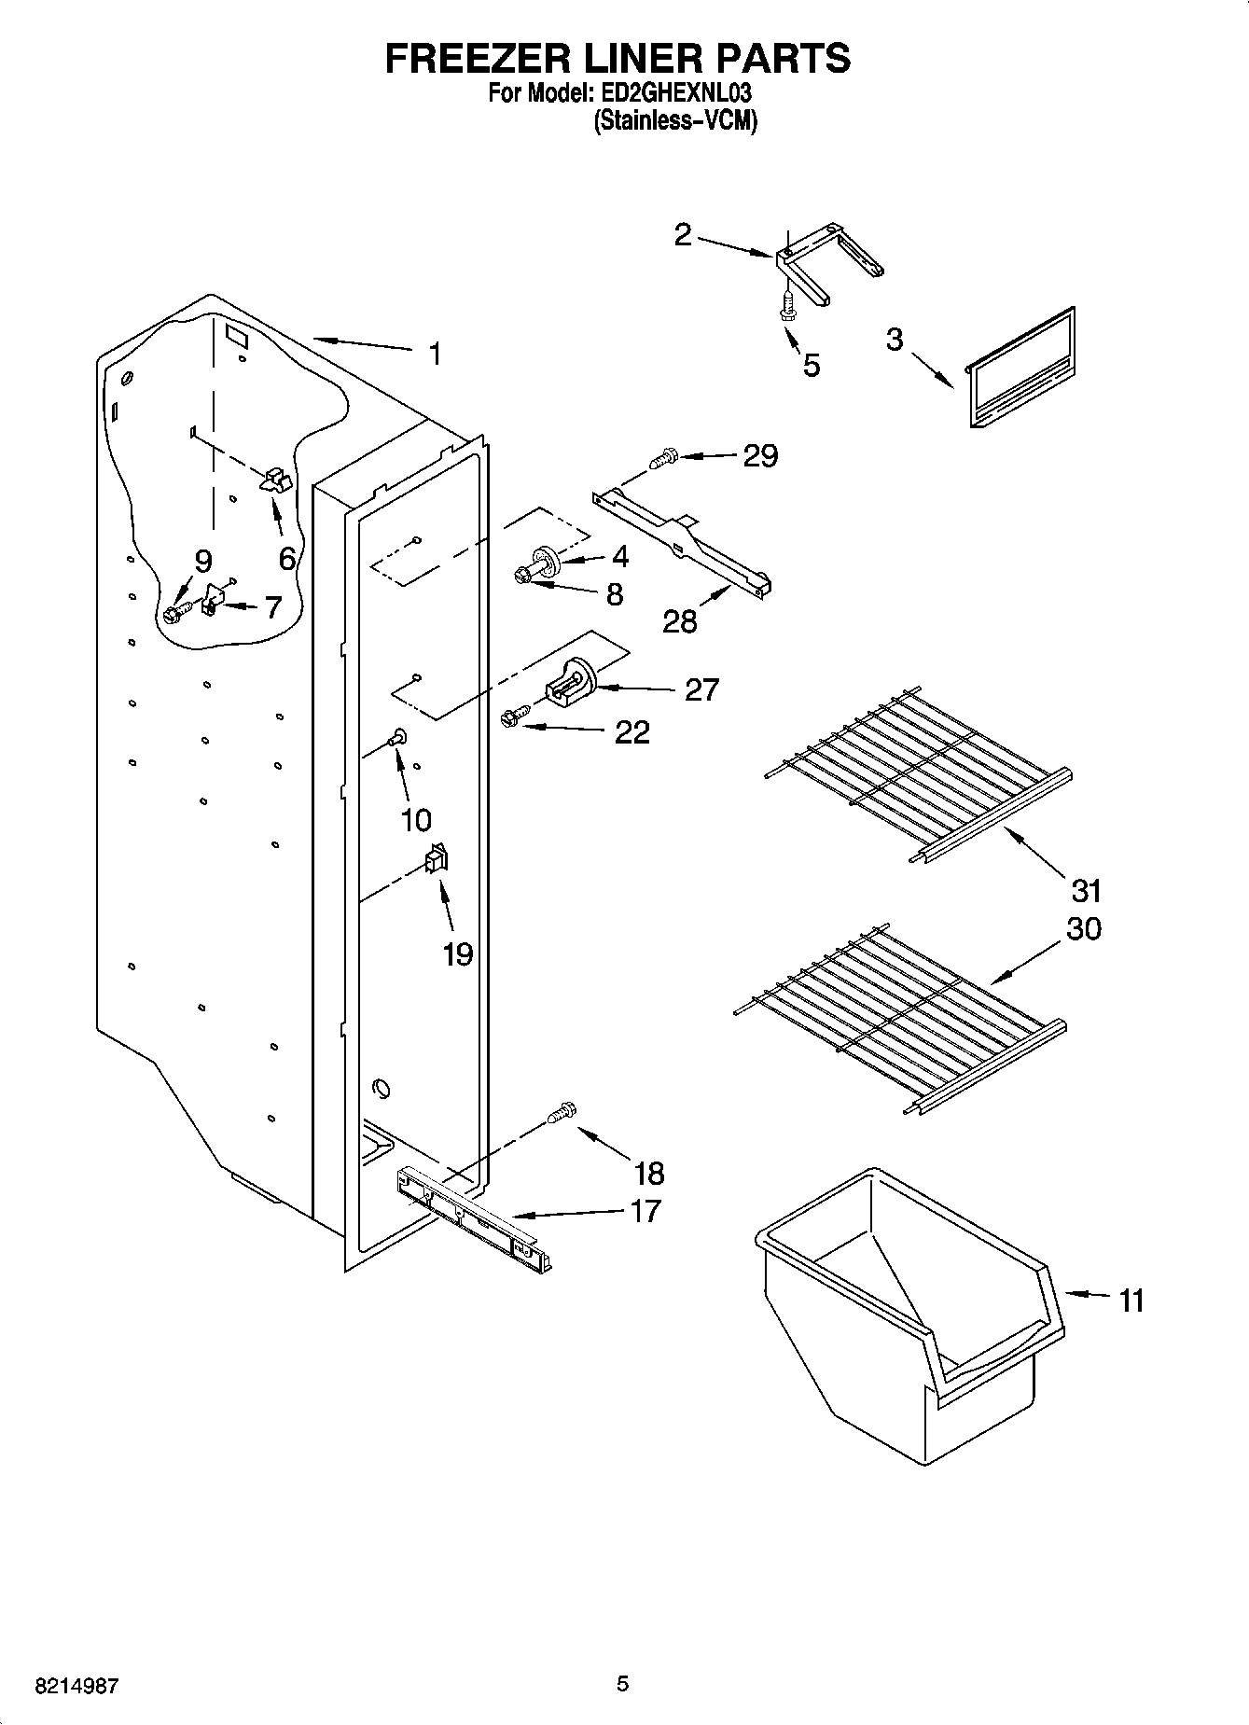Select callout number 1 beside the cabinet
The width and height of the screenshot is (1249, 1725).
(435, 355)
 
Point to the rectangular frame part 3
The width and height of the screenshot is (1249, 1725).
(1021, 369)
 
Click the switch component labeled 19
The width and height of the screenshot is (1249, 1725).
(436, 857)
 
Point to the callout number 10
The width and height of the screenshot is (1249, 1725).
(416, 819)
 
